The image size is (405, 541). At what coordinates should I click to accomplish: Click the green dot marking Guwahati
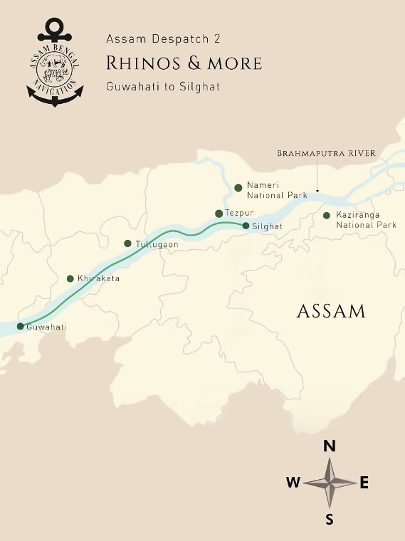(20, 327)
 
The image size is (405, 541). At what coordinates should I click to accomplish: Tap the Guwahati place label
(46, 327)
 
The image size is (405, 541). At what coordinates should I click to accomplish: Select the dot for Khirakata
(70, 278)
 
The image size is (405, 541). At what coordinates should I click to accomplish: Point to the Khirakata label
(98, 278)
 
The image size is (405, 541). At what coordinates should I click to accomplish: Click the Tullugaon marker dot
(127, 243)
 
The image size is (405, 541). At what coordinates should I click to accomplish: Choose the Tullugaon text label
(157, 244)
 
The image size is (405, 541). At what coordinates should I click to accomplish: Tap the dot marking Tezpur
(219, 213)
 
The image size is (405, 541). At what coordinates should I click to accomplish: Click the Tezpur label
(239, 213)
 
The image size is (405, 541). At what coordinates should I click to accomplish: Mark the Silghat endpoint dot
(246, 226)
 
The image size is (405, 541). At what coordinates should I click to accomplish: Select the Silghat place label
(268, 226)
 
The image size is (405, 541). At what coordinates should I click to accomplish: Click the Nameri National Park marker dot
(238, 188)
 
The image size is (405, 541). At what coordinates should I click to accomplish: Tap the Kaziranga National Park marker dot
(327, 215)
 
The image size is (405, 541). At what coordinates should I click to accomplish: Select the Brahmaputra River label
(326, 153)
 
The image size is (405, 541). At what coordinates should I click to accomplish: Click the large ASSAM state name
(331, 311)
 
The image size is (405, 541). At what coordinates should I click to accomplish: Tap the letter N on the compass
(330, 446)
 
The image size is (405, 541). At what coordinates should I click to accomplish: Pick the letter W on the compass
(293, 483)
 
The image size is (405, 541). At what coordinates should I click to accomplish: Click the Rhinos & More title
(184, 63)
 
